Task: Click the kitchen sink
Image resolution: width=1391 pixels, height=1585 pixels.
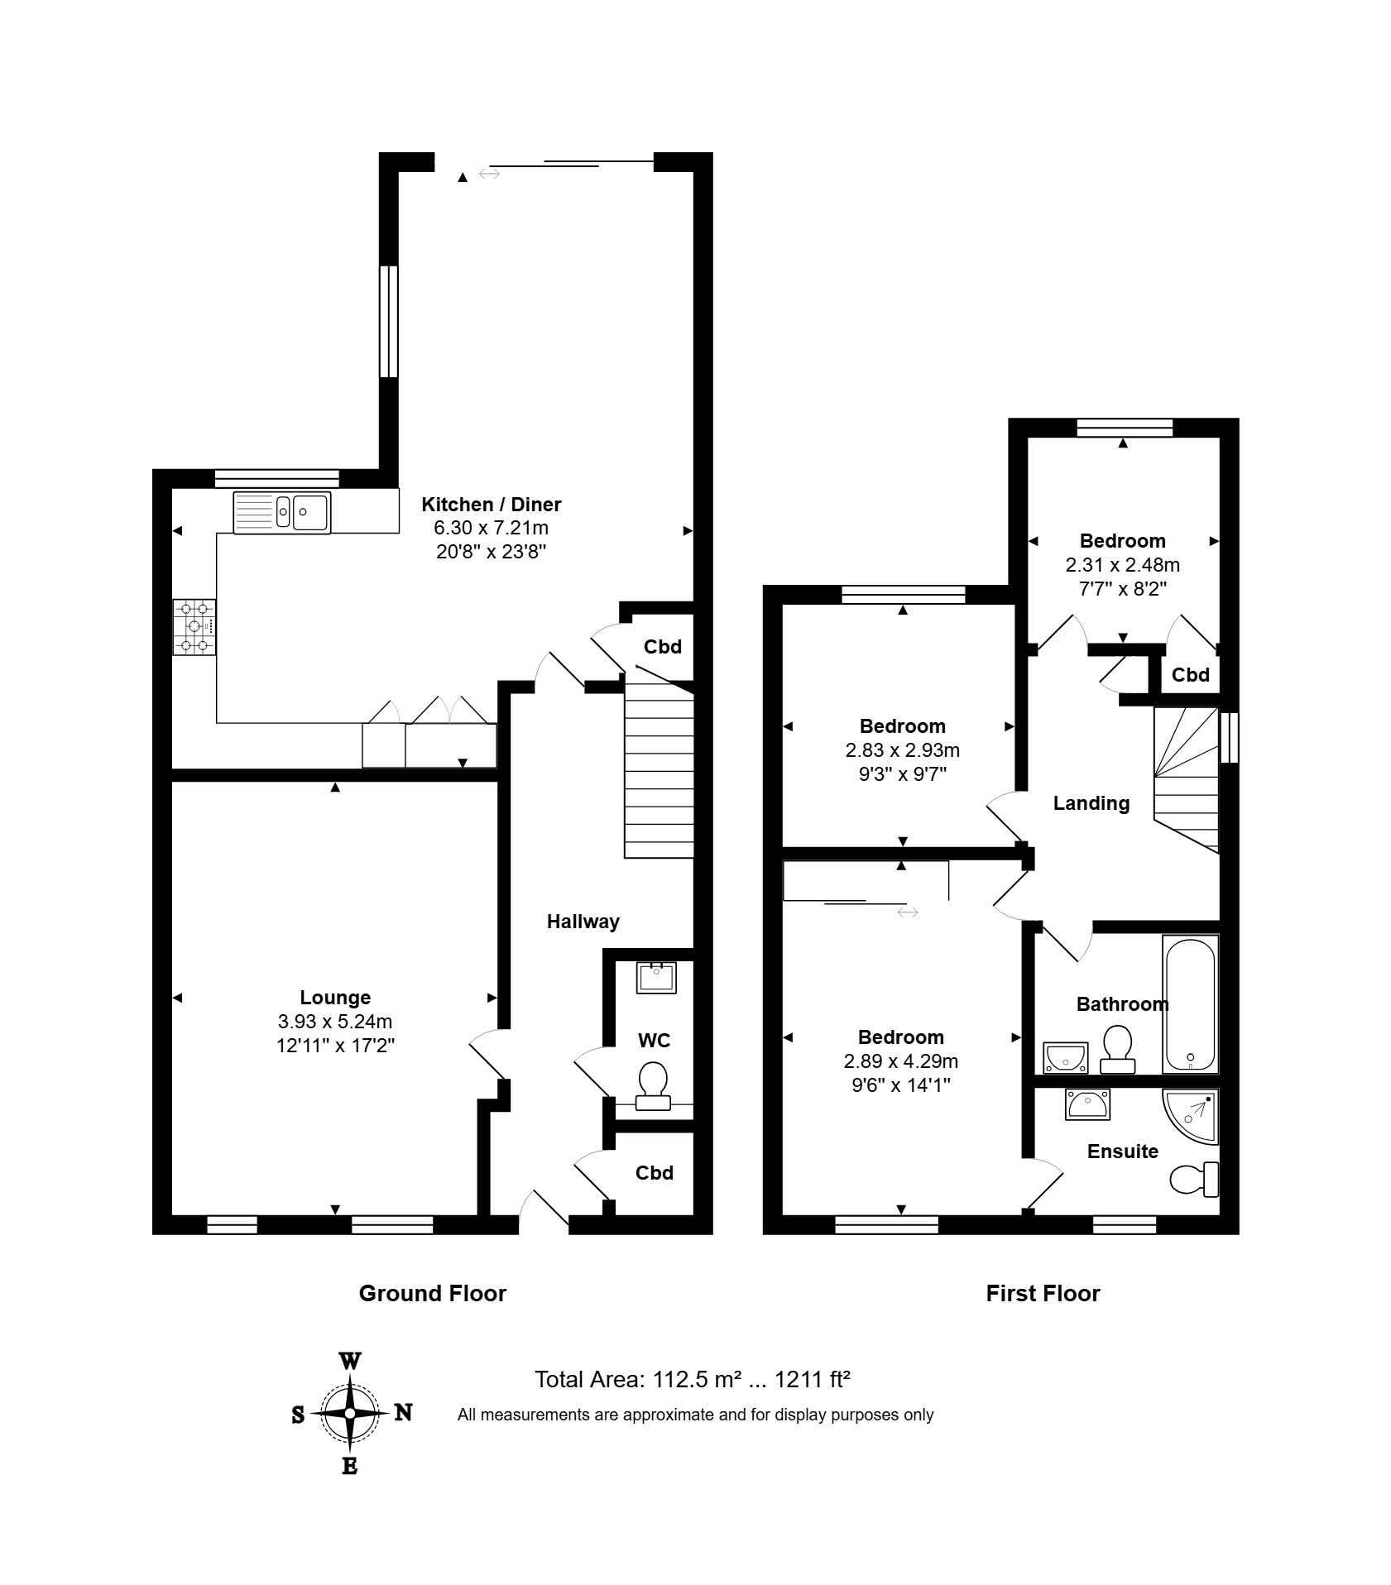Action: (281, 512)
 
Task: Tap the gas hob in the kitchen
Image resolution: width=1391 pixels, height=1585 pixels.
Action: (194, 627)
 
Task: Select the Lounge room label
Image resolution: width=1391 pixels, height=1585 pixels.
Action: (335, 998)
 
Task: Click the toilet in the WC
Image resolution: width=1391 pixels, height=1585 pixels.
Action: (653, 1085)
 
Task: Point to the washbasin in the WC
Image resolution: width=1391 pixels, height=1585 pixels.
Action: (657, 977)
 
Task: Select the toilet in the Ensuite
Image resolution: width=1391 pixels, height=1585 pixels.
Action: (1195, 1180)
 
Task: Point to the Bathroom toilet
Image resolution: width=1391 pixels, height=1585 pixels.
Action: (1117, 1050)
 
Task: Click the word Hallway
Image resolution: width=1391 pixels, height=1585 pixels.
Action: (583, 922)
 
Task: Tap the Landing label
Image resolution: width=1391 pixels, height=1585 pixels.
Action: (1091, 803)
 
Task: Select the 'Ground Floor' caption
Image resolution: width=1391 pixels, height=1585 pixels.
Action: (433, 1294)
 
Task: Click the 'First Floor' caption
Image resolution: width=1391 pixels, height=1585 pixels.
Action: (1043, 1294)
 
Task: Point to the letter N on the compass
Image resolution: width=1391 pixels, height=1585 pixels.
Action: (403, 1412)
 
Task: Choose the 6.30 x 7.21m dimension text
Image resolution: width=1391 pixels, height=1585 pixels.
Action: (492, 528)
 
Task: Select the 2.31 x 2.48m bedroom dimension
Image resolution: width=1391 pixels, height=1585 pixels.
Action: (1123, 565)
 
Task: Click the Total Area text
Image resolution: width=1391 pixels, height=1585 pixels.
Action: (693, 1380)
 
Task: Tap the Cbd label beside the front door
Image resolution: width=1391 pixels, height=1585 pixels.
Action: (655, 1173)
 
